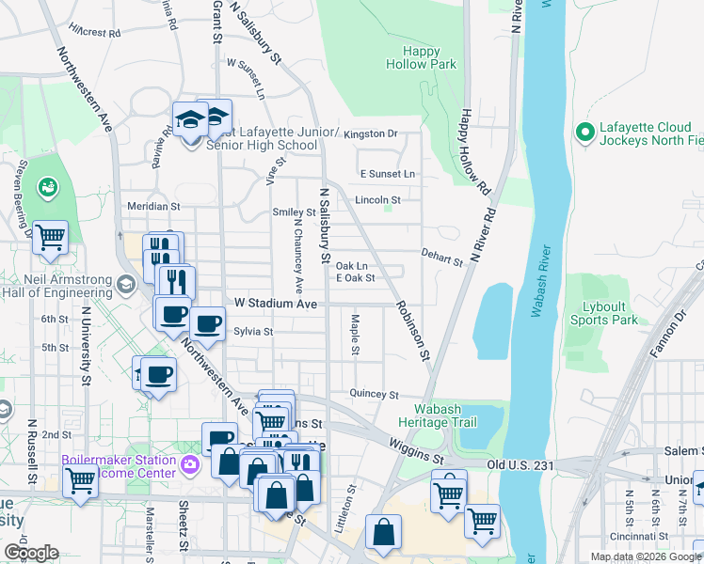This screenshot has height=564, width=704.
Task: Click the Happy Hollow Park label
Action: click(x=421, y=57)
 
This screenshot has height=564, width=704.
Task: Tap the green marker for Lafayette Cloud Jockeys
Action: click(x=584, y=133)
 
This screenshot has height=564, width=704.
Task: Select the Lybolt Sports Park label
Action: click(x=604, y=314)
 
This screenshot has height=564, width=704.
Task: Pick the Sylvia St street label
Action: click(x=253, y=331)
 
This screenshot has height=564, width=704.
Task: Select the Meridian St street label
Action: click(x=153, y=206)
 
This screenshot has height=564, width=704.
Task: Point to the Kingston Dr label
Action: click(x=371, y=134)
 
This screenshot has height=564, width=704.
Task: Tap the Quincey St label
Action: click(x=375, y=395)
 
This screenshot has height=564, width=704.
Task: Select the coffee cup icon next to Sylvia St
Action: click(x=207, y=324)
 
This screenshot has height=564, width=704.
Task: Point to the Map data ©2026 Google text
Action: click(x=646, y=556)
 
